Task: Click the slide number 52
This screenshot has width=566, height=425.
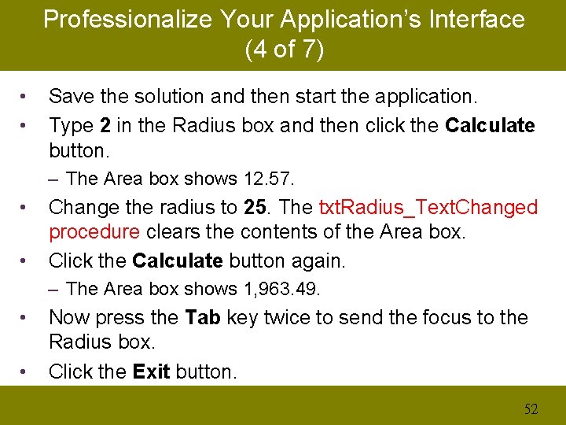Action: pos(531,408)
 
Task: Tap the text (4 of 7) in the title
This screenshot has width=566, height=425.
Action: pos(284,50)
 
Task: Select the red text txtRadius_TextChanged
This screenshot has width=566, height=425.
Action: pos(428,208)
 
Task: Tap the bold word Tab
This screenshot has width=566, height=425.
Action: pos(201,318)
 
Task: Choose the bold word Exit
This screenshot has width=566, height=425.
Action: pos(152,371)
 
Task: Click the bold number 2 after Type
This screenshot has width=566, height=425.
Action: pos(105,125)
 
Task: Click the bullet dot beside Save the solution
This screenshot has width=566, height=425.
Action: pos(25,97)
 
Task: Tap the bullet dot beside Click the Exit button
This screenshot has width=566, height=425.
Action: pos(25,371)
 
